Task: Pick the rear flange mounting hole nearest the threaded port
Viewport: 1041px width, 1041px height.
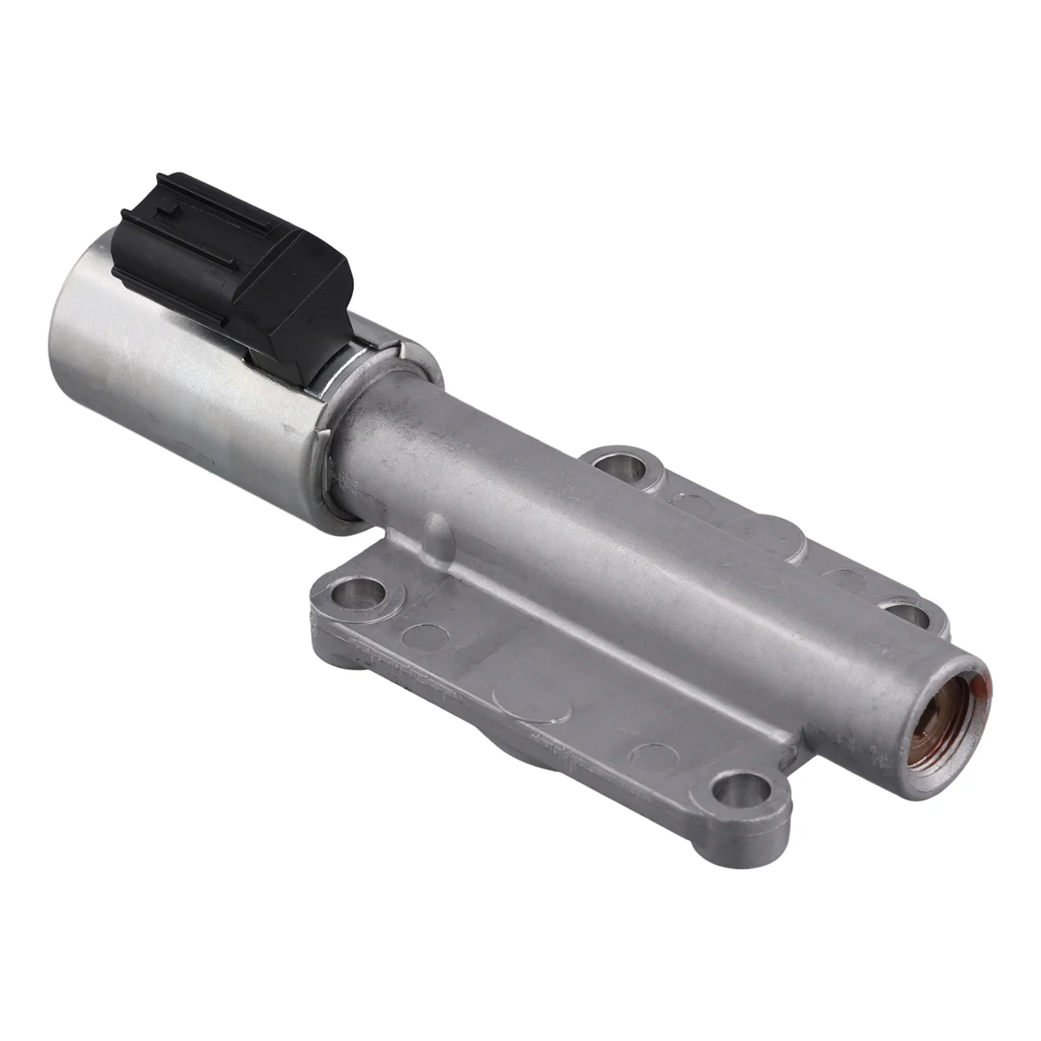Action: click(x=907, y=617)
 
